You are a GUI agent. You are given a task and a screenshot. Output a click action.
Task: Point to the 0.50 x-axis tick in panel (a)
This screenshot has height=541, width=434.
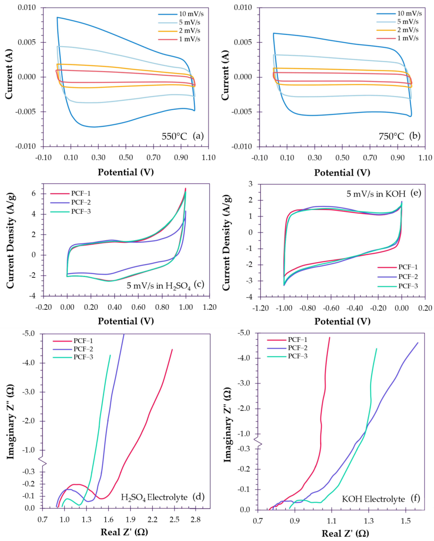pos(126,158)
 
